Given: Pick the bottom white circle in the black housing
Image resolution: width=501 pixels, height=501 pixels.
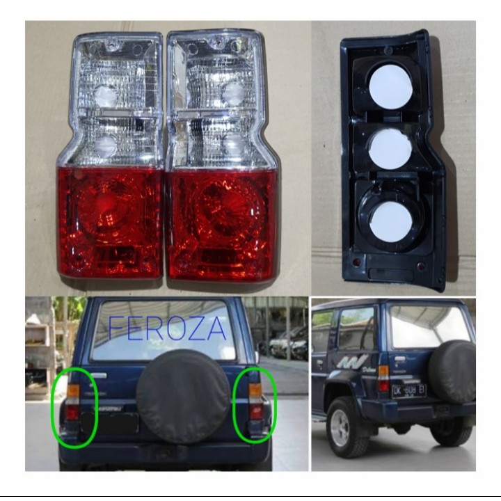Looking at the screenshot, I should point(390,221).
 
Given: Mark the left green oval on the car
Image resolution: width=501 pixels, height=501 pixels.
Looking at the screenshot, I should point(74,406).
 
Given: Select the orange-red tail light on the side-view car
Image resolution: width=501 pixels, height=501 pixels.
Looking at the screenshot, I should point(383,379).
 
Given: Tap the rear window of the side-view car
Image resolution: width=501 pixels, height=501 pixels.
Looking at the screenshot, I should point(427,326).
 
